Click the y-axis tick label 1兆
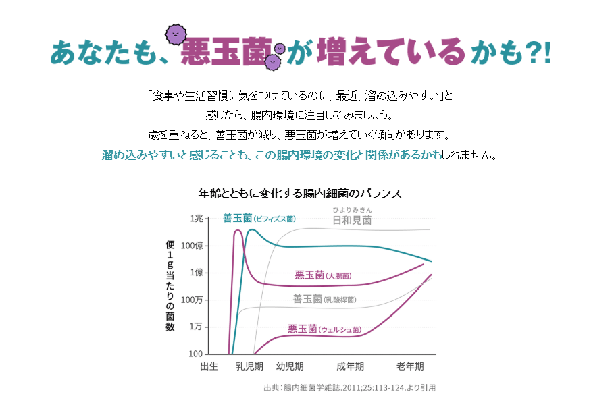point(196,219)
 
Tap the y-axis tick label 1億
point(195,273)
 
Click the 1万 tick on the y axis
point(195,327)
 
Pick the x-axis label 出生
point(209,366)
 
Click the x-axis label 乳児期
point(249,366)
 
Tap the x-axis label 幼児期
point(290,366)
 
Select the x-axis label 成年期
point(350,366)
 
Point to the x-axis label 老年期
point(410,366)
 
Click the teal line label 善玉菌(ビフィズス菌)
point(259,219)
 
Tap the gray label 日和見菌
point(351,220)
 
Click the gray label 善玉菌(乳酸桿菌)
point(324,299)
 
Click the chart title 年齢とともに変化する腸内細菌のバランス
point(300,194)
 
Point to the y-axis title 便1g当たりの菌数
point(170,285)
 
